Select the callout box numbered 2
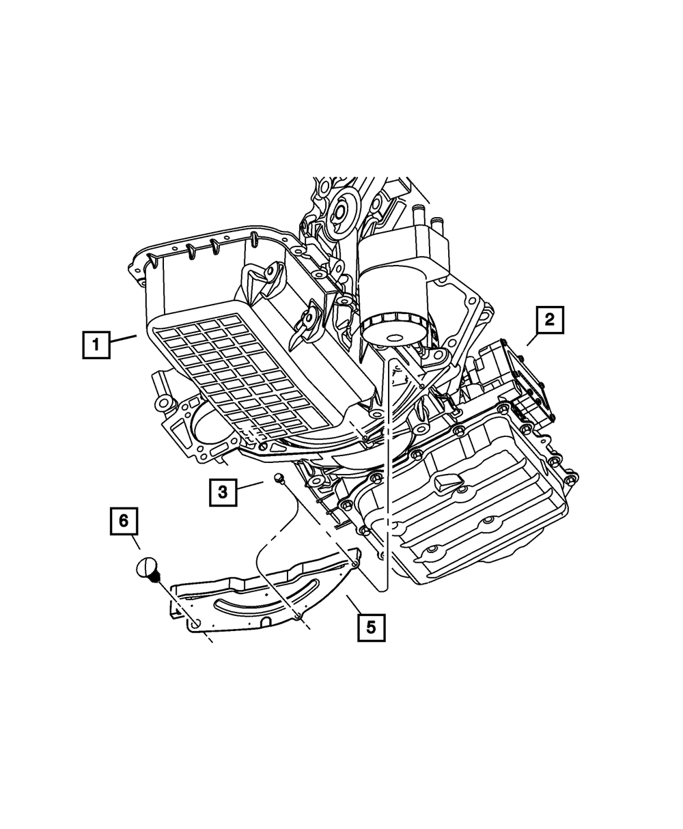pos(550,320)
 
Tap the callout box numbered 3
pos(223,491)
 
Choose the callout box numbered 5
pos(371,627)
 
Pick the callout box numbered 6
pos(124,521)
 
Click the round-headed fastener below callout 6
pos(149,569)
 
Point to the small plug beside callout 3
pos(279,479)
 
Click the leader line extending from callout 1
pos(125,339)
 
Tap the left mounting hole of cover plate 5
pos(195,623)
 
